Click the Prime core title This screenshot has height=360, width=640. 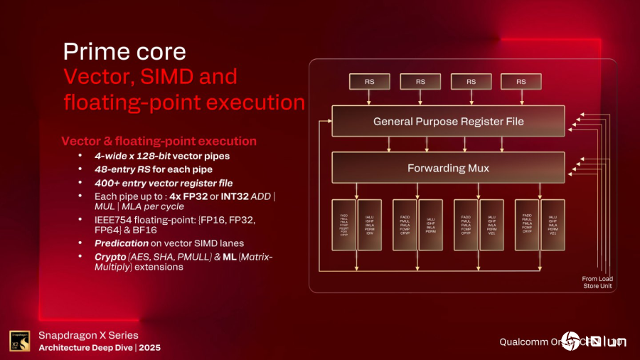[x=124, y=51]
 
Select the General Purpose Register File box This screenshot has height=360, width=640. [x=448, y=122]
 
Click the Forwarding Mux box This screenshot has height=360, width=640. [x=448, y=169]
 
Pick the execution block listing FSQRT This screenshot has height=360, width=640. [x=344, y=226]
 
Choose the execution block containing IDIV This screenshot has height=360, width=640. [x=369, y=226]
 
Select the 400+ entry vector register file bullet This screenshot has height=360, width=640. [x=164, y=183]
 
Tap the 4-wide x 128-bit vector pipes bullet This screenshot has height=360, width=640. [x=162, y=156]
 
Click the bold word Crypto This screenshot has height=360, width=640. [x=110, y=256]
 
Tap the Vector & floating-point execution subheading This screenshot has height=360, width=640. [x=159, y=141]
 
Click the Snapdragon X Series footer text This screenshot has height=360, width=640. [x=88, y=335]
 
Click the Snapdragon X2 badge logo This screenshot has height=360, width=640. [x=19, y=341]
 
